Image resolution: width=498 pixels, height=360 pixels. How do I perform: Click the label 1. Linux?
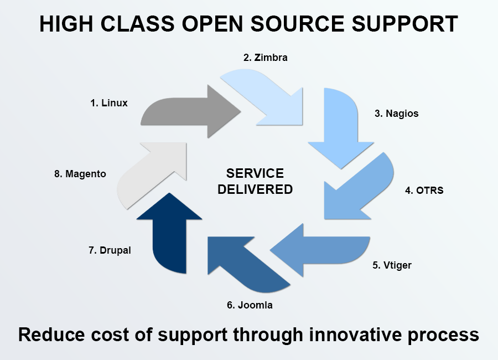(x=109, y=103)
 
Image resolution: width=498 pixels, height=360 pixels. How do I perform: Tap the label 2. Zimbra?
(x=266, y=57)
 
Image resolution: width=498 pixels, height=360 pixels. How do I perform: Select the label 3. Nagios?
(x=396, y=114)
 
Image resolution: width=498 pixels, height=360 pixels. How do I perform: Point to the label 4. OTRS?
(x=424, y=191)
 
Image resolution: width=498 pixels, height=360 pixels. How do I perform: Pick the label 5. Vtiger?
(x=391, y=265)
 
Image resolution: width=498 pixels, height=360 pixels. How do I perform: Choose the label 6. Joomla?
(x=250, y=305)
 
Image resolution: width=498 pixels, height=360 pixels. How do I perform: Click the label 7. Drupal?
(x=110, y=250)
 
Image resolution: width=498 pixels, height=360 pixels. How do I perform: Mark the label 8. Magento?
(x=80, y=174)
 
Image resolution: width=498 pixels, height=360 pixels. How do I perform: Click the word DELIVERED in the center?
(x=255, y=189)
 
